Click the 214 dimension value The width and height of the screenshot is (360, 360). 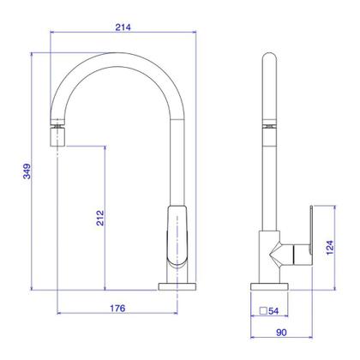[x=123, y=27]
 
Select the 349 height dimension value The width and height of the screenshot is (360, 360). [x=27, y=171]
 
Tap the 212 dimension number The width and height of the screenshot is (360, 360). [x=100, y=218]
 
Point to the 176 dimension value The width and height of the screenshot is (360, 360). [x=117, y=308]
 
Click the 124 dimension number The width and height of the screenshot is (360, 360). [x=330, y=248]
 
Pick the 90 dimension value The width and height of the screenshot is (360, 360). [x=281, y=333]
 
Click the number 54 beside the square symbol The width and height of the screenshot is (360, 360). [x=273, y=311]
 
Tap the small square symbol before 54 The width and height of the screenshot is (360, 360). [x=263, y=311]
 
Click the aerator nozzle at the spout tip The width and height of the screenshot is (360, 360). [x=58, y=137]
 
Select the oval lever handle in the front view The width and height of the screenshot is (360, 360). [x=177, y=235]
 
